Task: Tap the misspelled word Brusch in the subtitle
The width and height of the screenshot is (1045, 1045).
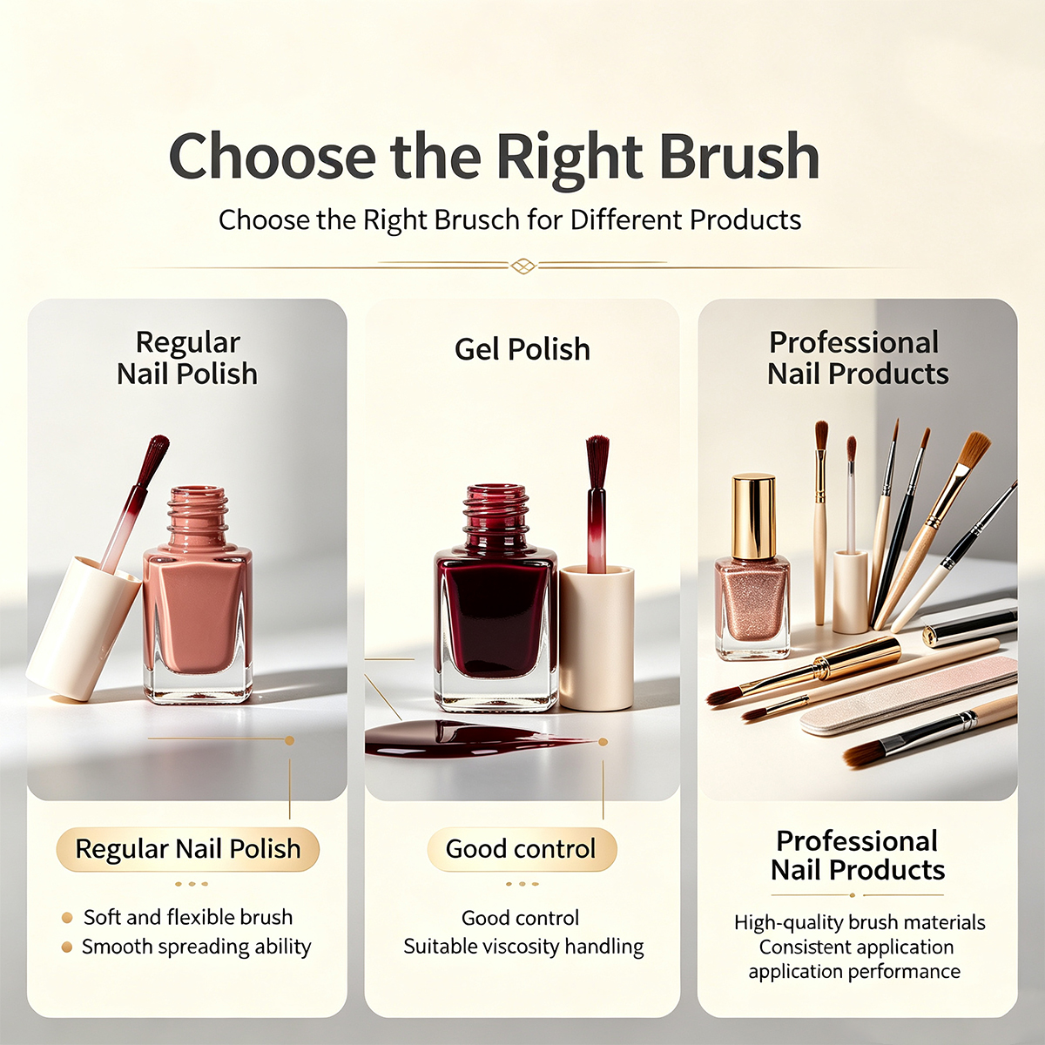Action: pyautogui.click(x=477, y=220)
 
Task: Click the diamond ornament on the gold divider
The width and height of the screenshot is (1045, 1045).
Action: pyautogui.click(x=522, y=266)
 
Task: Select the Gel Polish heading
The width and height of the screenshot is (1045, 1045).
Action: pyautogui.click(x=522, y=349)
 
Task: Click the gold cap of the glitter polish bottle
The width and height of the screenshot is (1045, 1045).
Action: pyautogui.click(x=753, y=516)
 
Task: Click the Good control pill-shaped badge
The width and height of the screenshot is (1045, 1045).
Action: pyautogui.click(x=522, y=849)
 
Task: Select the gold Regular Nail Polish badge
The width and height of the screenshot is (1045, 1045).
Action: pyautogui.click(x=187, y=849)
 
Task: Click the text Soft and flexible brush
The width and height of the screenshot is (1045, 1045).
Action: pyautogui.click(x=187, y=917)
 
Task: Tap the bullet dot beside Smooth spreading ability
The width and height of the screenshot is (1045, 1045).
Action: pyautogui.click(x=67, y=947)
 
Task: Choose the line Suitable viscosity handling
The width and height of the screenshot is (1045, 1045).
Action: pyautogui.click(x=523, y=947)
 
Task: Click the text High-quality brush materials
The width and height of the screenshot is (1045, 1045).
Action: pyautogui.click(x=860, y=922)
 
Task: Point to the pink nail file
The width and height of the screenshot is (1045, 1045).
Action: pyautogui.click(x=909, y=696)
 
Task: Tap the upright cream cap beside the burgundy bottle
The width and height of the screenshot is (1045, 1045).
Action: pyautogui.click(x=597, y=637)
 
